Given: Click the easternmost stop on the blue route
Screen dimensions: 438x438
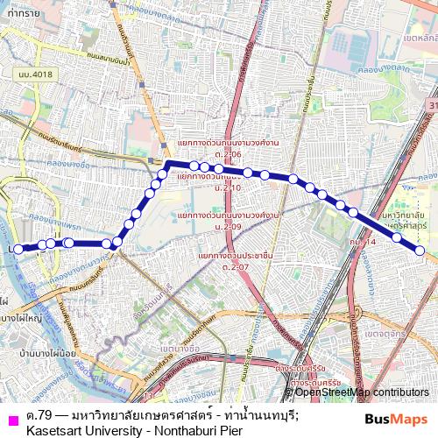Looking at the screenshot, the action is coord(420,251).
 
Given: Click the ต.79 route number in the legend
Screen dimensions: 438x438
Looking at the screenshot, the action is coord(37,413).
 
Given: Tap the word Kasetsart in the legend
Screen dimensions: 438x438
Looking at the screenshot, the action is coord(58,430).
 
